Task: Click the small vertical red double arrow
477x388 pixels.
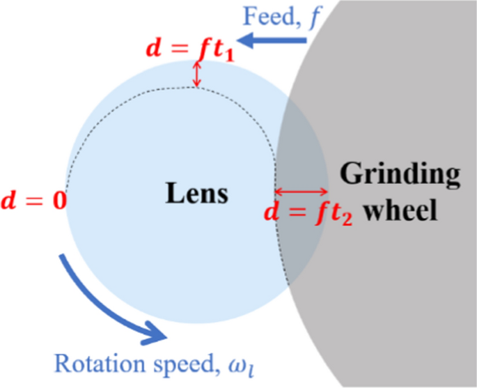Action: pyautogui.click(x=197, y=74)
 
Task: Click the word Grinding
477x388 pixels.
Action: pyautogui.click(x=400, y=174)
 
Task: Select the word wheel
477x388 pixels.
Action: pyautogui.click(x=399, y=209)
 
